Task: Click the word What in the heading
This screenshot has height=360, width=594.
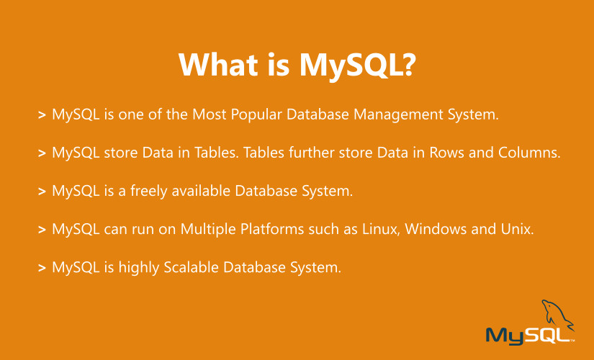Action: (x=217, y=65)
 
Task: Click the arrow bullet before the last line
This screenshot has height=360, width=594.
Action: (x=42, y=268)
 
